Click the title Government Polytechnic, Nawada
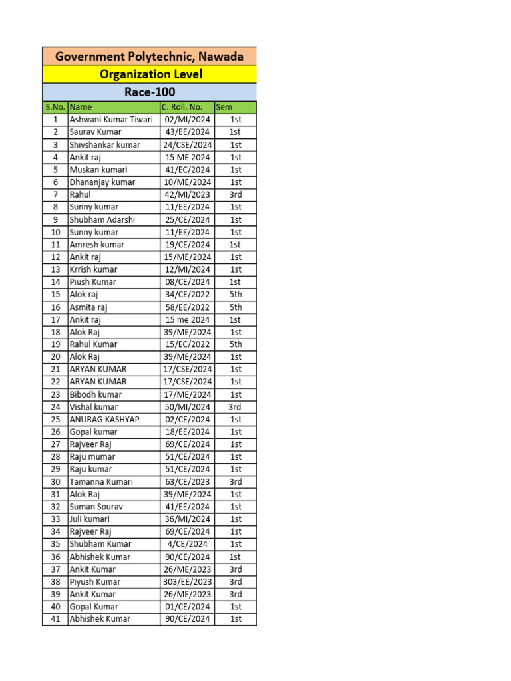[149, 57]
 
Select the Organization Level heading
[150, 74]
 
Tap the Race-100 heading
[150, 92]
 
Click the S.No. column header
[55, 107]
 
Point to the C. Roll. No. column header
[182, 107]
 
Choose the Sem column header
[223, 107]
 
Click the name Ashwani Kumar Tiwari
[111, 120]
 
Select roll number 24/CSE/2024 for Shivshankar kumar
[187, 145]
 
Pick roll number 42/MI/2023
[187, 195]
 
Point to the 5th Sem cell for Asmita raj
[236, 307]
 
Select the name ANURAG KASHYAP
[104, 420]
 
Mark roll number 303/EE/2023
[187, 582]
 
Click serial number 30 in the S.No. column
[55, 482]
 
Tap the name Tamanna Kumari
[101, 482]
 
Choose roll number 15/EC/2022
[187, 344]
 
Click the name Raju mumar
[92, 457]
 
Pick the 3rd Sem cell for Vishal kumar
[235, 407]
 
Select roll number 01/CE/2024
[187, 607]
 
